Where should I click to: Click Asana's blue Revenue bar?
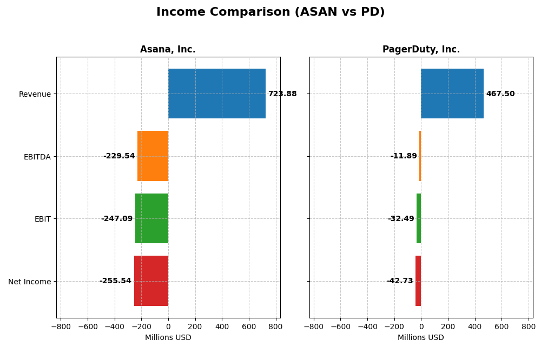tap(216, 94)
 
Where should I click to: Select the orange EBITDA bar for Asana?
tap(153, 156)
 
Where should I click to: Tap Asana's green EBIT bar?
tap(151, 218)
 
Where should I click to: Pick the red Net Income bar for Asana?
tap(151, 281)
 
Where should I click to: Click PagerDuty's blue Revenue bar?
tap(452, 94)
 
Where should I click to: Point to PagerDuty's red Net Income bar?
tap(418, 281)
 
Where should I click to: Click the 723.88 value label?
tap(282, 94)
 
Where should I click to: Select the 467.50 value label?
tap(500, 94)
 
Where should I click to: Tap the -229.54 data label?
tap(119, 156)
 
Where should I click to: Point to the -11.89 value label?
tap(404, 156)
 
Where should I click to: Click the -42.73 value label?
tap(400, 281)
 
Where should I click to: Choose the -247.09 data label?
tap(117, 219)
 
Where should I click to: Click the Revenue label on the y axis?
tap(35, 95)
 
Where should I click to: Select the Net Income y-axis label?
tap(30, 282)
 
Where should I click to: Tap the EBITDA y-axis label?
tap(37, 157)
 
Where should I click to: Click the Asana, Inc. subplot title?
tap(168, 50)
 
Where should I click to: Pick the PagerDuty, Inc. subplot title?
tap(421, 50)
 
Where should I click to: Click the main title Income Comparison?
tap(270, 12)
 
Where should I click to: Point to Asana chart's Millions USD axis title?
tap(168, 338)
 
